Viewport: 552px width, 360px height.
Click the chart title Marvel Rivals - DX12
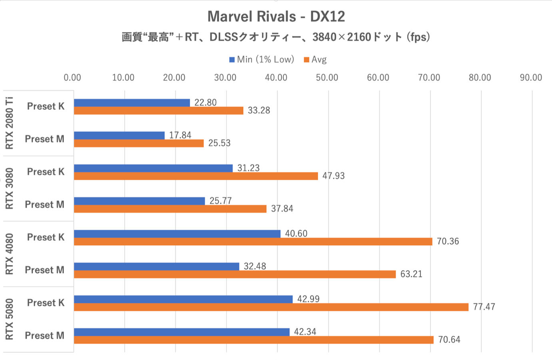276,16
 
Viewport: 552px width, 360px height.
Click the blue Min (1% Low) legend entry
261,60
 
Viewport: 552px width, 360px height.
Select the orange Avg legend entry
315,60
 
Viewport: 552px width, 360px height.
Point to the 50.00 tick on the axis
327,78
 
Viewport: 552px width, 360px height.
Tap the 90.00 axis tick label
531,78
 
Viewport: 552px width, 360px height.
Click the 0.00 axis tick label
72,78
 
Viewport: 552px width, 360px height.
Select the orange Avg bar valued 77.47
271,307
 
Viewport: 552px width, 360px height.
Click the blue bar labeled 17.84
119,135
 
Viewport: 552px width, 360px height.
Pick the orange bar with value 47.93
196,176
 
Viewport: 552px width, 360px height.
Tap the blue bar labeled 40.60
177,234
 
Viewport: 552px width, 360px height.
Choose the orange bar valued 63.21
235,274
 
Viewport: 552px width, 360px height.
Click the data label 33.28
259,111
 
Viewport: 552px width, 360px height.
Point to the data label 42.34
305,332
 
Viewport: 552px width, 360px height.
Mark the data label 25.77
220,201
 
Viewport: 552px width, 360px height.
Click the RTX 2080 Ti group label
9,123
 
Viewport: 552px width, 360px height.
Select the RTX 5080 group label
9,319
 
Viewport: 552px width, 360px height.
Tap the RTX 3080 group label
9,189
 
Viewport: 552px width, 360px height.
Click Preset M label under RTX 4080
44,270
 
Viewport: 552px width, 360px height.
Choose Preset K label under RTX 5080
46,303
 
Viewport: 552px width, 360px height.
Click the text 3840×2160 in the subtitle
342,37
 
